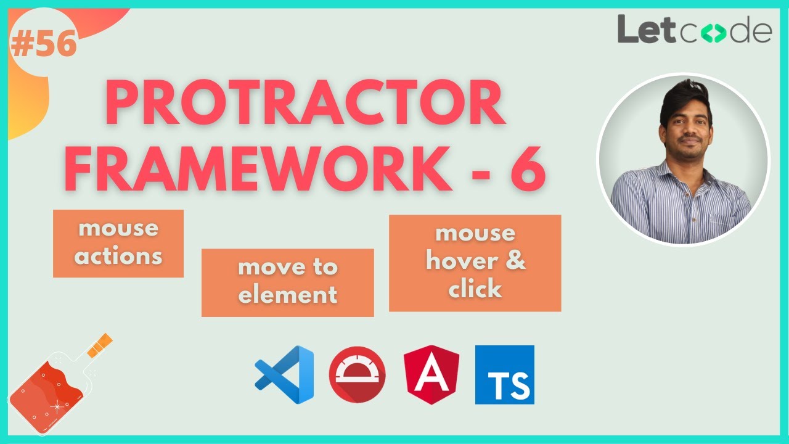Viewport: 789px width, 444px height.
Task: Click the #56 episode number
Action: [x=43, y=45]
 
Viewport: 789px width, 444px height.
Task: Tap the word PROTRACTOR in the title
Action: [x=305, y=105]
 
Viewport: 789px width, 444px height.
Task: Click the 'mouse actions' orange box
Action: [x=118, y=243]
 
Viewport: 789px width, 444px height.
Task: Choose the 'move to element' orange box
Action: [x=287, y=282]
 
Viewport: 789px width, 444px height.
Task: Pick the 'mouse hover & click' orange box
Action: [x=475, y=263]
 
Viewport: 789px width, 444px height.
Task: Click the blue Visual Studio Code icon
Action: [x=285, y=374]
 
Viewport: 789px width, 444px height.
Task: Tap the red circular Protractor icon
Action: [x=358, y=374]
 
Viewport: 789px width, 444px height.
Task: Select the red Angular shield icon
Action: [x=431, y=374]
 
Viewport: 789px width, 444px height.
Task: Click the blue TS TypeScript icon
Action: [x=504, y=374]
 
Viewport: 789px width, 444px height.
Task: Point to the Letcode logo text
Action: [x=695, y=31]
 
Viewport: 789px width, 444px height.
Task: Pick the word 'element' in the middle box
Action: [x=287, y=295]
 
